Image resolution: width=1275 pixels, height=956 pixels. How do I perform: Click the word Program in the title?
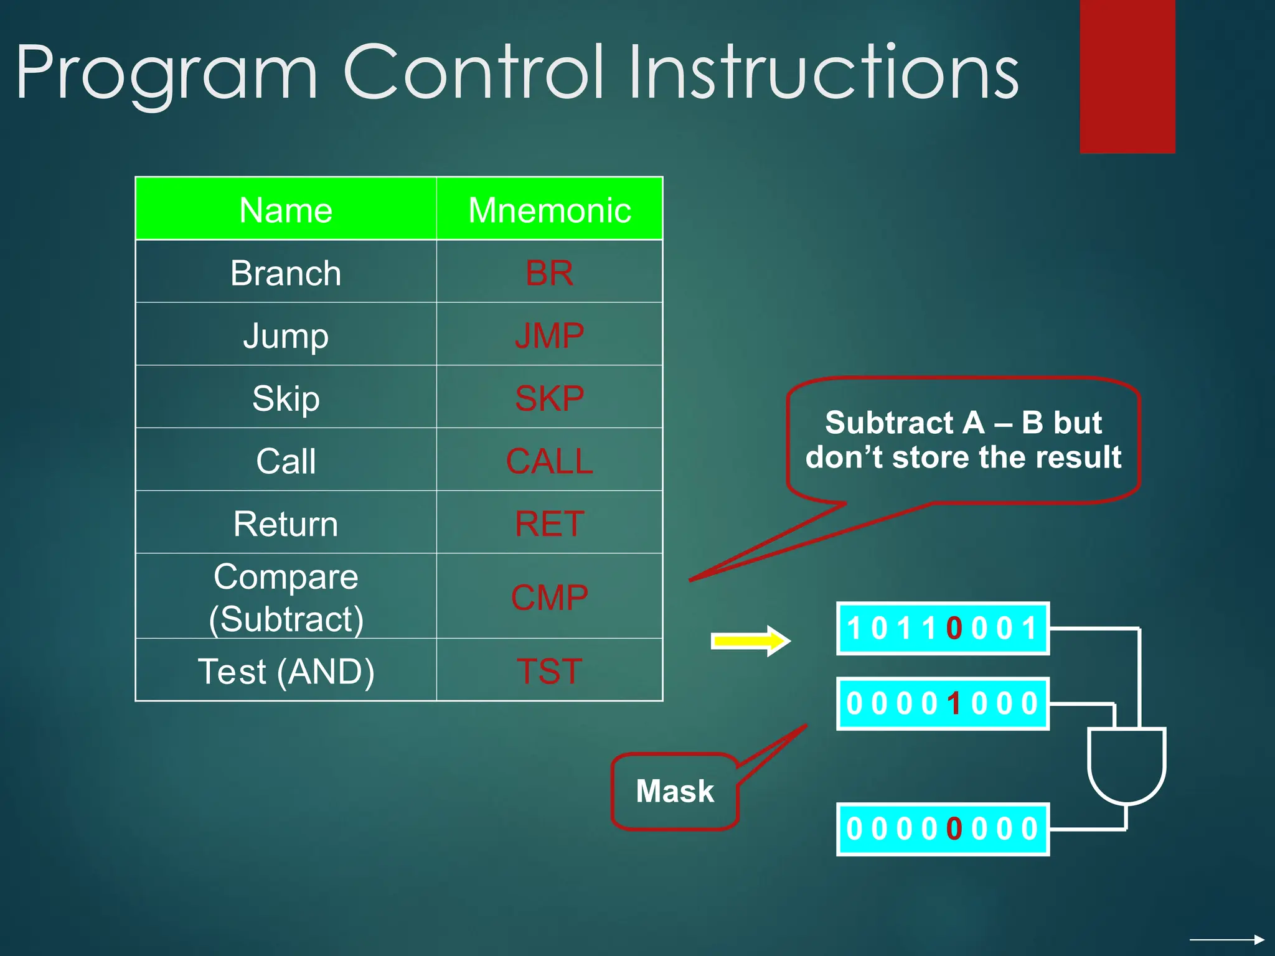(167, 73)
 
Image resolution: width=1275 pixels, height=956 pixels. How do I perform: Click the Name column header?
(286, 210)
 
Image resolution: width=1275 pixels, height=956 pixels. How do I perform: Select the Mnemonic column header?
(549, 210)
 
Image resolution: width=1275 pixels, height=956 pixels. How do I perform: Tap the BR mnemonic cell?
(549, 273)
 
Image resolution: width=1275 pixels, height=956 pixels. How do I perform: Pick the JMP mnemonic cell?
(549, 335)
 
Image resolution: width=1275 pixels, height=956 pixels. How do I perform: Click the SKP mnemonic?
(549, 398)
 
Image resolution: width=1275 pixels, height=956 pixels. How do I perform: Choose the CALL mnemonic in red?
(549, 461)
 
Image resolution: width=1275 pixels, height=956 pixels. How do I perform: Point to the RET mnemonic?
(549, 523)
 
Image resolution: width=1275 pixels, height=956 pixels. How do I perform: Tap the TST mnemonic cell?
(549, 671)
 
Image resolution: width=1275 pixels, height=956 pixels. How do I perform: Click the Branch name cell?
(286, 273)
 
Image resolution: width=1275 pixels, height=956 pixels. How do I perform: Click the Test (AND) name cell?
(286, 671)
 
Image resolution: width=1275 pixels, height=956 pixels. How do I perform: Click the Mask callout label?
(675, 791)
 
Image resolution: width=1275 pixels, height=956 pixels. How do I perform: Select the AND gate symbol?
(1126, 766)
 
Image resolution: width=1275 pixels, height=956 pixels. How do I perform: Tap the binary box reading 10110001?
(943, 628)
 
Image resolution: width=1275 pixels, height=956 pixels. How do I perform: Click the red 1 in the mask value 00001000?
(954, 704)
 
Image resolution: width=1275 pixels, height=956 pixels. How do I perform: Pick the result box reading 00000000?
(943, 829)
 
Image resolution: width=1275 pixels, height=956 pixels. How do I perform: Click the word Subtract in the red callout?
(889, 423)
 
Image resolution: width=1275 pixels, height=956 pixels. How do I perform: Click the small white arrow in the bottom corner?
(1226, 939)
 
